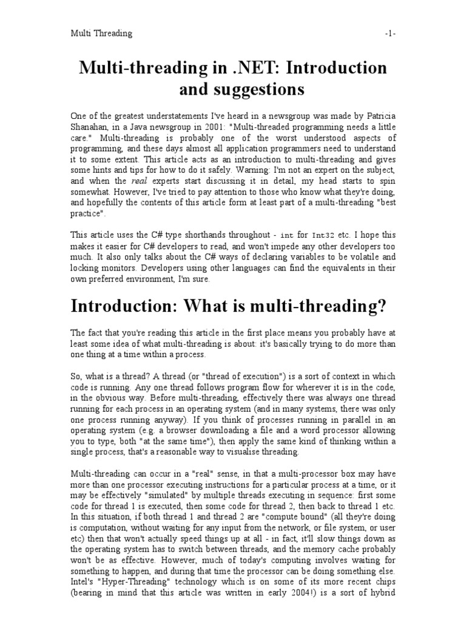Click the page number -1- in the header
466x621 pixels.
pyautogui.click(x=390, y=33)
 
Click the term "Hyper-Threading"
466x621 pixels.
pyautogui.click(x=140, y=583)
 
